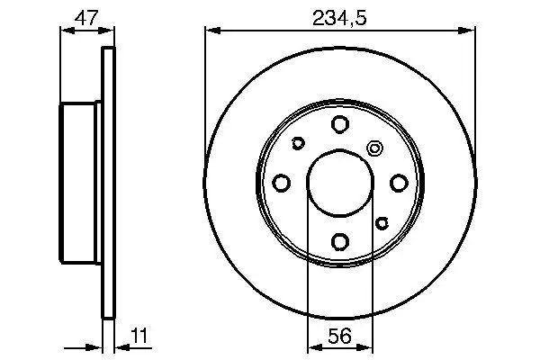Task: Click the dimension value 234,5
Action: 339,18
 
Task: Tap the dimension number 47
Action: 86,18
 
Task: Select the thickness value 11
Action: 139,336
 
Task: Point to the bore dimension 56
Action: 339,336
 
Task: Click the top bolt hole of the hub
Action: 340,124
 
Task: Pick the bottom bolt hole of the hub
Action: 340,241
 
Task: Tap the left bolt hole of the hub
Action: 281,183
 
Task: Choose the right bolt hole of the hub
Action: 399,183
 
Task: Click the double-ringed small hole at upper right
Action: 374,148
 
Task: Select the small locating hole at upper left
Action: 298,143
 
